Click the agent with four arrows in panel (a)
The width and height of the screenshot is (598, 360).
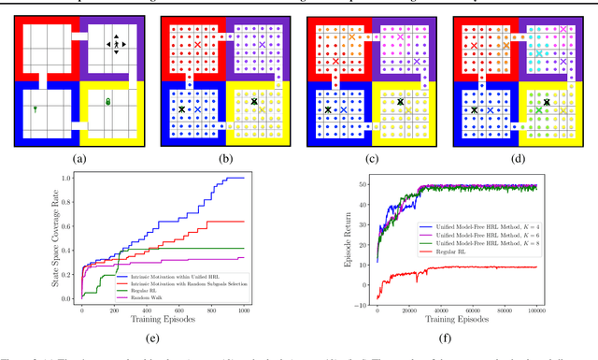116,43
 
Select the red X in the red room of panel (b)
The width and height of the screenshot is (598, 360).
197,45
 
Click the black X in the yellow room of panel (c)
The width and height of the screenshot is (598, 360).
400,102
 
